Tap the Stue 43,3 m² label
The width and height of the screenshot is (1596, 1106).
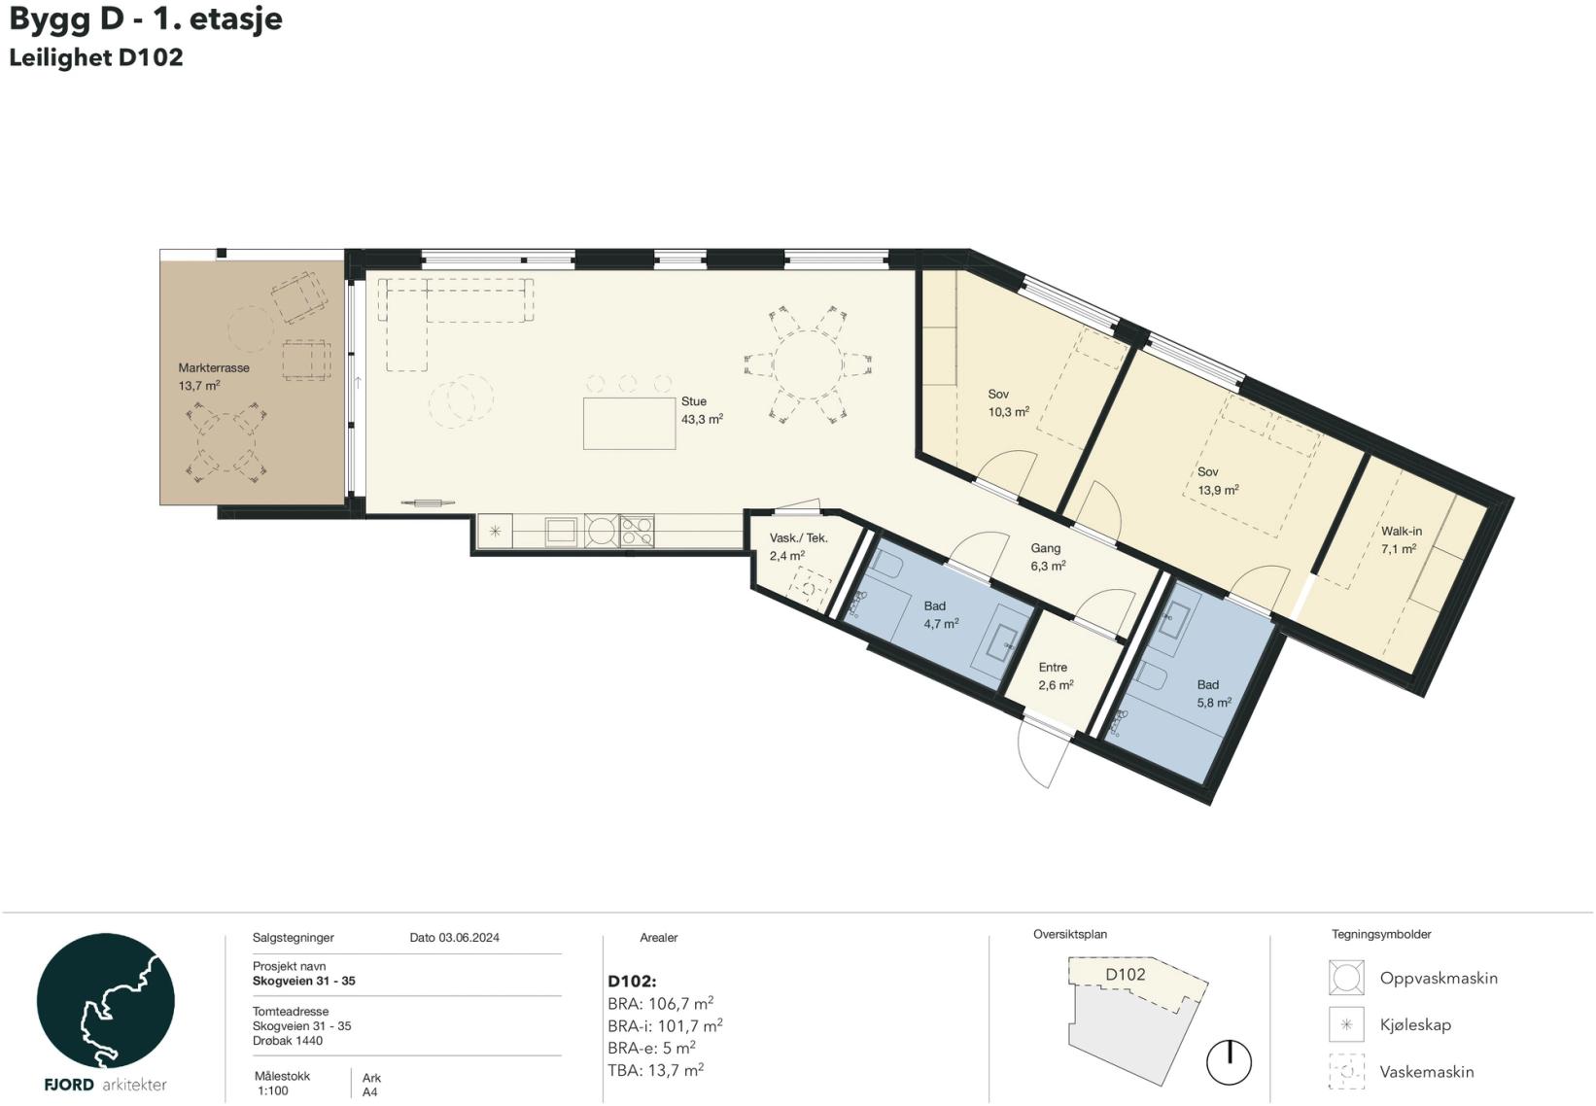tap(702, 410)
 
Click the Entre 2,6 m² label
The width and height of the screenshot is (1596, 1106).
tap(1056, 676)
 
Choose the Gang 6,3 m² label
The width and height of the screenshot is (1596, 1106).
tap(1048, 557)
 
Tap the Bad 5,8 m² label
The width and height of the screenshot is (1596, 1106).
tap(1213, 693)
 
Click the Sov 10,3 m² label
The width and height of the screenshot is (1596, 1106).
tap(1008, 402)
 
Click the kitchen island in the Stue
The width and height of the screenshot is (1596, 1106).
tap(629, 424)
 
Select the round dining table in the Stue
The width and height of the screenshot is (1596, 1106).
tap(808, 364)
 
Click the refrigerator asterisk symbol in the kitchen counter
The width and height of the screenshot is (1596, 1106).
tap(495, 531)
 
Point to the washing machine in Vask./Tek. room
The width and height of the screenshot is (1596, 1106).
tap(810, 588)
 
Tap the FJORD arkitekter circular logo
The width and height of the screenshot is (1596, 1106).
tap(105, 1000)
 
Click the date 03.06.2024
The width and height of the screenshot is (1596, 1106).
tap(468, 938)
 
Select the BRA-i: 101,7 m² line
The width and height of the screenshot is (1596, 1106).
tap(665, 1026)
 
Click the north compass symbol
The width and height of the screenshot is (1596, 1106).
tap(1229, 1062)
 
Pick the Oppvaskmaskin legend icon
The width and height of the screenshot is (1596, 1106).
tap(1346, 978)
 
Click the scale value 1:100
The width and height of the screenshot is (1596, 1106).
tap(273, 1091)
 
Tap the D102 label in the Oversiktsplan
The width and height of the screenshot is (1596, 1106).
tap(1125, 974)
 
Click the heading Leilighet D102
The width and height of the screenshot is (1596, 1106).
tap(96, 57)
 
